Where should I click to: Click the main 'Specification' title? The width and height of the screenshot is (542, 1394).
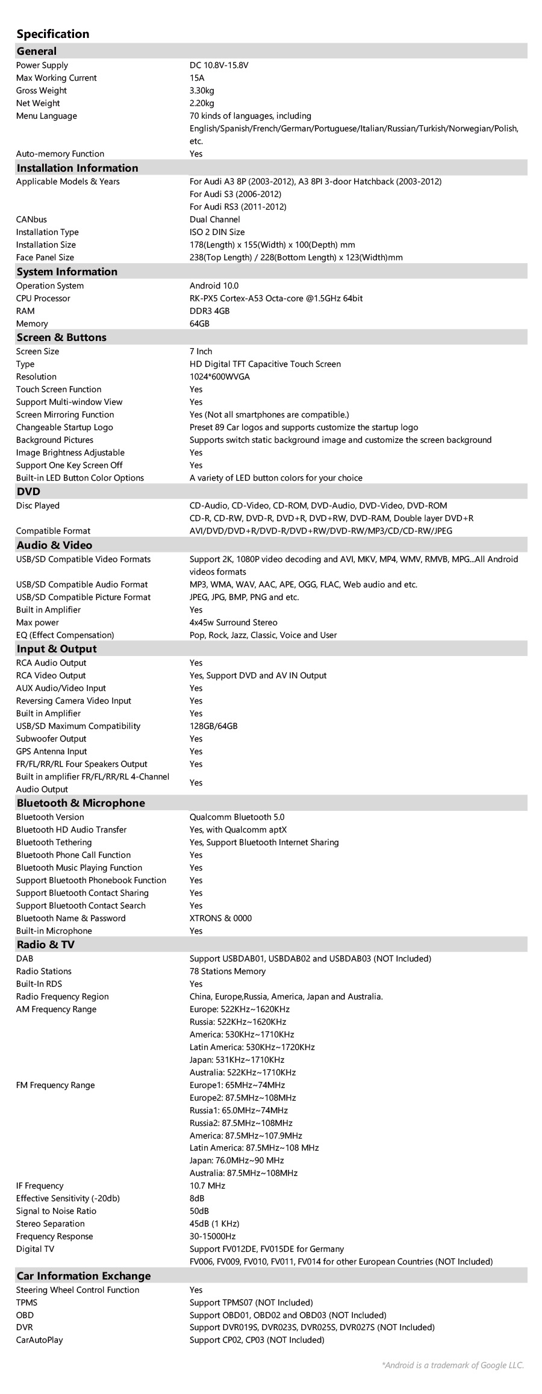(53, 34)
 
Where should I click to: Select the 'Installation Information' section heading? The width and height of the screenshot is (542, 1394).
(77, 168)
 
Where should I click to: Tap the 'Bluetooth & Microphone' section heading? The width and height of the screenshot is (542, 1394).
(81, 803)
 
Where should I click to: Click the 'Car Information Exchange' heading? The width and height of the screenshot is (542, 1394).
(84, 1276)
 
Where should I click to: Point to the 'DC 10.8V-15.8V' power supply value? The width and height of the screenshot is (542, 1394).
(219, 65)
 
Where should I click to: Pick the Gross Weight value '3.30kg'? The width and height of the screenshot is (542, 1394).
(202, 90)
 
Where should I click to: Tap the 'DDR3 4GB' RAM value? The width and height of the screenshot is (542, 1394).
(210, 311)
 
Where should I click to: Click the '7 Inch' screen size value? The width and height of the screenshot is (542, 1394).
(201, 351)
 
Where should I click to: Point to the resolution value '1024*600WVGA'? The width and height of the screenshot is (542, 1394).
(219, 377)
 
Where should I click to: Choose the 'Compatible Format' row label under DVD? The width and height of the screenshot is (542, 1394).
(53, 531)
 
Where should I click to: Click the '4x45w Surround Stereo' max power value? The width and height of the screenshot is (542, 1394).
(234, 622)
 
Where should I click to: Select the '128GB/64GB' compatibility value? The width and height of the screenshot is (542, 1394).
(213, 726)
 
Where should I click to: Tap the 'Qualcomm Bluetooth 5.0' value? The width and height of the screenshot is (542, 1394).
(237, 817)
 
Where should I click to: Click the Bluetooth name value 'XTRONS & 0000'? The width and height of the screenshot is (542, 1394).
(220, 918)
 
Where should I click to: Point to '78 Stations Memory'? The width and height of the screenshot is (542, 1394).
(227, 971)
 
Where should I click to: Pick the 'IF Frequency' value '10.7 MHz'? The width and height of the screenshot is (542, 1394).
(207, 1186)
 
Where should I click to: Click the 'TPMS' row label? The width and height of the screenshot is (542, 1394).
(26, 1302)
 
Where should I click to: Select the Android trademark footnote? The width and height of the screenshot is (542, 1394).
(453, 1365)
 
